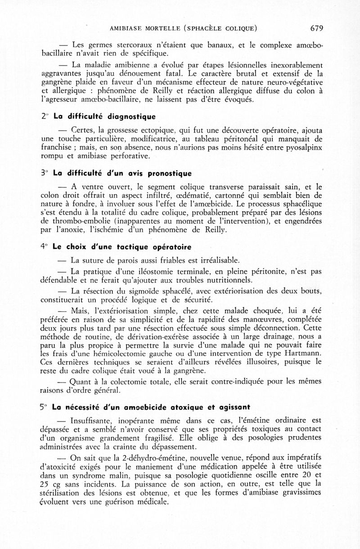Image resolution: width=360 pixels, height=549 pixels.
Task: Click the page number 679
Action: coord(317,28)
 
